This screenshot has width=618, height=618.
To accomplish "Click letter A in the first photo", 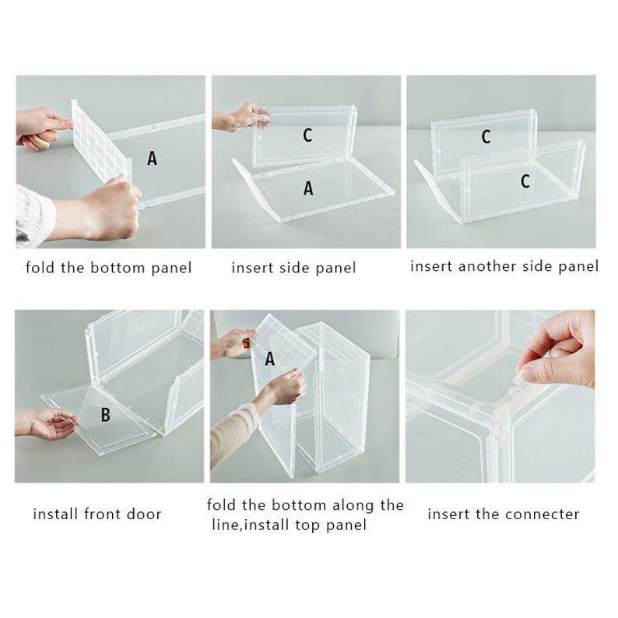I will (152, 158).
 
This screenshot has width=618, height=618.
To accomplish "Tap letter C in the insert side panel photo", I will (307, 135).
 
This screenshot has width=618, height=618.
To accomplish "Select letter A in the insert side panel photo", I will (308, 188).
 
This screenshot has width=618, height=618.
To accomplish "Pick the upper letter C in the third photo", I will (486, 137).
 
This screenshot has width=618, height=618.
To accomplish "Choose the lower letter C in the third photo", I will (525, 181).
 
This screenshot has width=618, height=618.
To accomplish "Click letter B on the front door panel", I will (105, 415).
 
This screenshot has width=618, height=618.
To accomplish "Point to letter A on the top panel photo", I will (270, 359).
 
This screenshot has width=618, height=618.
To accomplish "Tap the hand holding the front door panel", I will (43, 423).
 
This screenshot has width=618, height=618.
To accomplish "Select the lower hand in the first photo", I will (105, 210).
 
